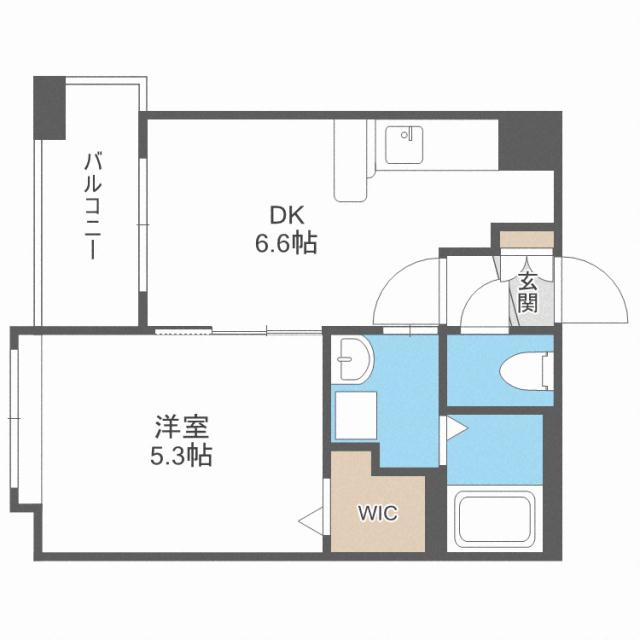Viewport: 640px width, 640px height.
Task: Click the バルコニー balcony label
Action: pyautogui.click(x=91, y=204)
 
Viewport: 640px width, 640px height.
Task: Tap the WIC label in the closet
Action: pyautogui.click(x=378, y=514)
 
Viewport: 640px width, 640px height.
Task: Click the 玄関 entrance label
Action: pyautogui.click(x=527, y=291)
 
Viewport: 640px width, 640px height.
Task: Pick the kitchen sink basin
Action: pyautogui.click(x=405, y=147)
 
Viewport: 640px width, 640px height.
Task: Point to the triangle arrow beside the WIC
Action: pyautogui.click(x=310, y=520)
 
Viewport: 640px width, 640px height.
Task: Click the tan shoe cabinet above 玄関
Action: pyautogui.click(x=527, y=240)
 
